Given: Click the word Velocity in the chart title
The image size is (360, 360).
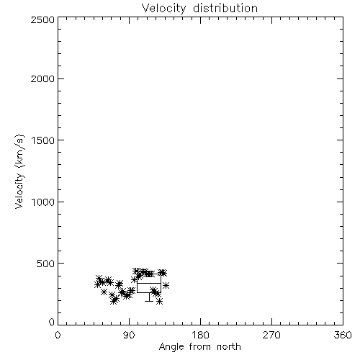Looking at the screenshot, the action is tap(163, 9).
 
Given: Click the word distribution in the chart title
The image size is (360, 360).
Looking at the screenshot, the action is tap(225, 8).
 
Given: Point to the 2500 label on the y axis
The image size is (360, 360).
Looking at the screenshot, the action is tap(42, 19).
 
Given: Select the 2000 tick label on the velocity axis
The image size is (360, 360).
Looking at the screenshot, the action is tap(42, 79).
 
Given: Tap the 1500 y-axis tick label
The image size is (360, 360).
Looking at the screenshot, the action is tap(43, 140).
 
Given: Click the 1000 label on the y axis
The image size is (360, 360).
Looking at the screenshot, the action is tap(43, 202).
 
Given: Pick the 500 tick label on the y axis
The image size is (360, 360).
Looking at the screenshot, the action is tap(46, 264).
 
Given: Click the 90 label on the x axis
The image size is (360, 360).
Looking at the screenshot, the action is tap(129, 335).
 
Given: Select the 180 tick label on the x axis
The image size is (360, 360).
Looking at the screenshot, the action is tap(200, 335).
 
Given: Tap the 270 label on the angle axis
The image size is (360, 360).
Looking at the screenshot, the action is tap(271, 335).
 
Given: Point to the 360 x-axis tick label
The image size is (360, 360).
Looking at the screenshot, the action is tap(343, 335).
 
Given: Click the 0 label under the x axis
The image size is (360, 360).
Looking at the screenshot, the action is tap(58, 335).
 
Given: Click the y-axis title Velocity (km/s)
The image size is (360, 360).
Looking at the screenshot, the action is tap(19, 171).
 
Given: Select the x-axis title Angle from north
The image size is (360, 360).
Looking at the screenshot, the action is tap(200, 347).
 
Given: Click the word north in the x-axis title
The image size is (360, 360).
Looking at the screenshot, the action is tap(229, 346).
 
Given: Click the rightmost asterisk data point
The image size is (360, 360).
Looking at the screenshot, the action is tap(166, 285).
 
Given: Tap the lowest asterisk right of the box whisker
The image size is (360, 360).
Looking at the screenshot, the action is tap(160, 301).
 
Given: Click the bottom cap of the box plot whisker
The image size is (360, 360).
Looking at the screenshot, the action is tap(149, 301).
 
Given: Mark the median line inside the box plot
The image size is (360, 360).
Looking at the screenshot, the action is tap(149, 283).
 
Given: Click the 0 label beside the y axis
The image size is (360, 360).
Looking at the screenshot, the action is tap(52, 322).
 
